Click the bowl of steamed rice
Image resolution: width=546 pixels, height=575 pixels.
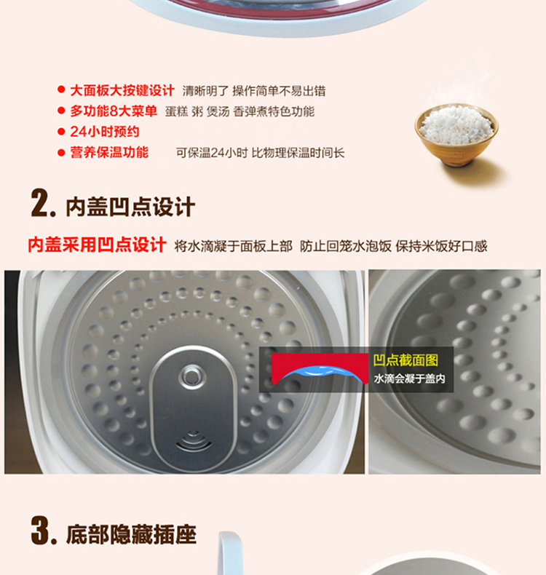click(x=456, y=135)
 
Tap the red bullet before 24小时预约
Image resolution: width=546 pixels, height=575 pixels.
click(x=61, y=132)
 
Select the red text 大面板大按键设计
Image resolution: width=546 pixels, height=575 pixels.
click(x=122, y=90)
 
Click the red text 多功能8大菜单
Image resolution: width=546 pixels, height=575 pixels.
click(x=114, y=111)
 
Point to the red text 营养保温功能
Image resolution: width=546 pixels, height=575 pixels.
click(x=109, y=152)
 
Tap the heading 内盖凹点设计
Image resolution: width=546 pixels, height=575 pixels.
click(x=130, y=207)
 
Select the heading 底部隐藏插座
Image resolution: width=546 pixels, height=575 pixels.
click(x=131, y=535)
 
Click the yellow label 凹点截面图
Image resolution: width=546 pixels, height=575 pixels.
click(x=405, y=360)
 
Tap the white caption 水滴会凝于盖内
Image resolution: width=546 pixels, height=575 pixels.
click(x=410, y=378)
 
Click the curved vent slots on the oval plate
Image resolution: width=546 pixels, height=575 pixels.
click(x=194, y=441)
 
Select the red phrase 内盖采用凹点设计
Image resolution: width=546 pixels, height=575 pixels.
click(x=97, y=245)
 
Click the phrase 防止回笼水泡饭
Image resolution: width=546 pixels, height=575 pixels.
click(x=346, y=246)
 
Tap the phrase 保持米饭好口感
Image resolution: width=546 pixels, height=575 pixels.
click(x=441, y=246)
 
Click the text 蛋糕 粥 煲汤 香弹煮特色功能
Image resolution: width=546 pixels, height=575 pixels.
click(x=240, y=111)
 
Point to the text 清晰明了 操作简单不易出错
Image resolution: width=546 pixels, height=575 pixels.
click(x=254, y=91)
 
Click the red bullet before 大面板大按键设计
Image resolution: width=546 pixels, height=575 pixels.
click(x=61, y=89)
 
